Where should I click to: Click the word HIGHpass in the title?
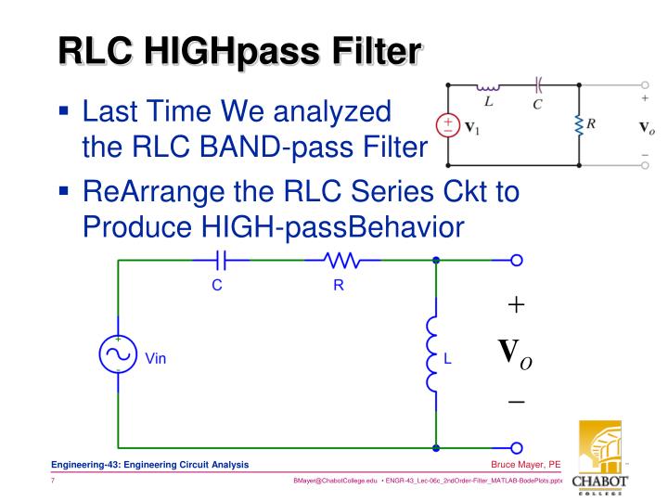[x=229, y=49]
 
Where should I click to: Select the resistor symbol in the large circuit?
[x=340, y=262]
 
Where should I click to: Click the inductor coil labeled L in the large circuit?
[x=433, y=354]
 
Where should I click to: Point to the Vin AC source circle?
[x=118, y=354]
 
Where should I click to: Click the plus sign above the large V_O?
[x=515, y=304]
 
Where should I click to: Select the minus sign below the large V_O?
[x=515, y=403]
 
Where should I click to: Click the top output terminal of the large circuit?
[x=517, y=262]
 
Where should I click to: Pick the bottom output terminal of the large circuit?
[x=517, y=448]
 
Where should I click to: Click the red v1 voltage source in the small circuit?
[x=448, y=124]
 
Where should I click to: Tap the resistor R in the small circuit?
[x=579, y=123]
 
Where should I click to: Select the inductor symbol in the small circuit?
[x=488, y=87]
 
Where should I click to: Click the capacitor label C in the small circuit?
[x=537, y=104]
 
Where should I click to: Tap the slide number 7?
[x=54, y=482]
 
